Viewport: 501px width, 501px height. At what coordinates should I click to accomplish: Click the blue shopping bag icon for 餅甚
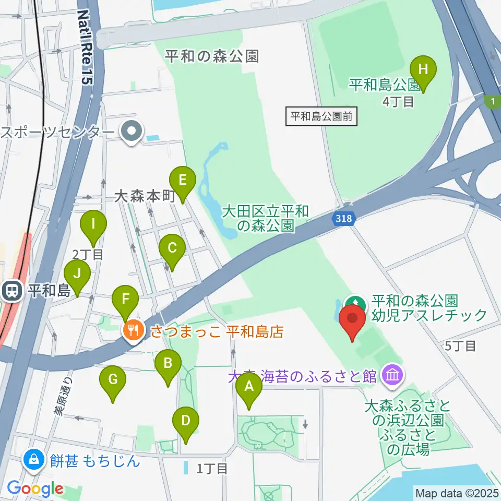pyautogui.click(x=33, y=460)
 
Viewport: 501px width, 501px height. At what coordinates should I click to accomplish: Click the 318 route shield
pyautogui.click(x=343, y=219)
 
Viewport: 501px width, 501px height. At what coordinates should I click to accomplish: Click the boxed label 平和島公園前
pyautogui.click(x=322, y=116)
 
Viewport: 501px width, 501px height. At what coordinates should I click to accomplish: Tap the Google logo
pyautogui.click(x=35, y=489)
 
